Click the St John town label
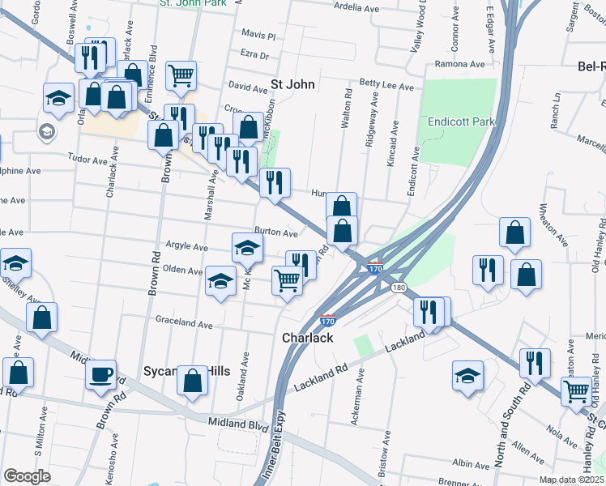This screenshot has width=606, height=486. [292, 83]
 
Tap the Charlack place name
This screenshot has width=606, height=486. [307, 338]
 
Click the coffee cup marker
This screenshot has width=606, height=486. [101, 375]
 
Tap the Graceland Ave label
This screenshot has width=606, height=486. [185, 322]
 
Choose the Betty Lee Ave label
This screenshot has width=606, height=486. [386, 84]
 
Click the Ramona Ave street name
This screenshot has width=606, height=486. [459, 64]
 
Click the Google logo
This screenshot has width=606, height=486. [27, 476]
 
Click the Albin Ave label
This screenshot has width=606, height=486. [472, 464]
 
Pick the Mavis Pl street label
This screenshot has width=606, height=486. [259, 36]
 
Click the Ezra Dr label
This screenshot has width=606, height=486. [254, 55]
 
